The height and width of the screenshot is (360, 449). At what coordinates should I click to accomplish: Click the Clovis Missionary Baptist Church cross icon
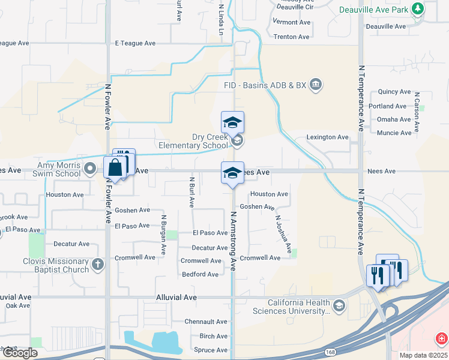click(98, 263)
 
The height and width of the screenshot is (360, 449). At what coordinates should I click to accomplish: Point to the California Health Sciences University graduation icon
click(339, 307)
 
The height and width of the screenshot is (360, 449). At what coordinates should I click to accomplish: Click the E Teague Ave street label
click(135, 43)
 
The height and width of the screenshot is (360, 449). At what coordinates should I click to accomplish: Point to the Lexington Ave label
click(327, 137)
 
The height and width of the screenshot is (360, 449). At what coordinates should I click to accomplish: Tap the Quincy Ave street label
click(394, 92)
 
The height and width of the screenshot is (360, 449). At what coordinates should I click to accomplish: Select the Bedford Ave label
click(200, 275)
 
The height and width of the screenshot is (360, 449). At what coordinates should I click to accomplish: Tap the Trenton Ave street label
click(291, 37)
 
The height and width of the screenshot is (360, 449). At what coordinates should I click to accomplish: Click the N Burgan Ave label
click(163, 234)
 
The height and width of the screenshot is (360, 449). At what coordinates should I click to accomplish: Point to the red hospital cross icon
click(442, 338)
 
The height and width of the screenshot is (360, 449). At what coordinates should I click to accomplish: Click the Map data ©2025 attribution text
click(424, 355)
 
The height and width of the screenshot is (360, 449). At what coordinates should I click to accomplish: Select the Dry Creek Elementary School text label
click(193, 141)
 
